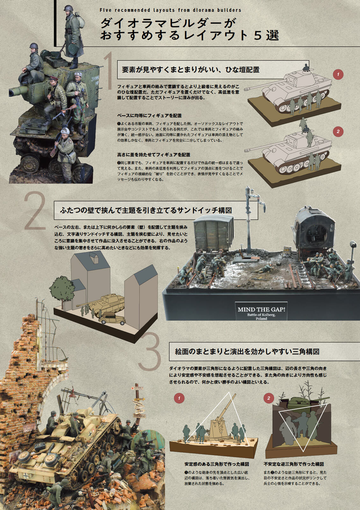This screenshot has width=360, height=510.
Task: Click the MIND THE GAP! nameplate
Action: (x=261, y=311)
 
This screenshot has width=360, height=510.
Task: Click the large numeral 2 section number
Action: (x=35, y=211)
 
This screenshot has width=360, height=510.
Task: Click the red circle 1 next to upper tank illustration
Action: (x=338, y=75)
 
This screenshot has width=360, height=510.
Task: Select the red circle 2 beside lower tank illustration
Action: (x=338, y=131)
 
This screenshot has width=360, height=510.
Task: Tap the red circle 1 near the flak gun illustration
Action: (x=179, y=398)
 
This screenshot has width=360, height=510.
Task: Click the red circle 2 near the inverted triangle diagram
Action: (x=269, y=398)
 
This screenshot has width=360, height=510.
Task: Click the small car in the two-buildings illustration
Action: (x=112, y=318)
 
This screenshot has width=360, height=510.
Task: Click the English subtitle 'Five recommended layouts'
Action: (x=170, y=10)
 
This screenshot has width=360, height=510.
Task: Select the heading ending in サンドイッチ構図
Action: (x=146, y=210)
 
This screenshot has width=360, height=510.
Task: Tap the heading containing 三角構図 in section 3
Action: (x=247, y=352)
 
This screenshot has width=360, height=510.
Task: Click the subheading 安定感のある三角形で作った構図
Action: (x=217, y=464)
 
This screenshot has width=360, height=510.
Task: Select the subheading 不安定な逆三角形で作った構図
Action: (x=293, y=464)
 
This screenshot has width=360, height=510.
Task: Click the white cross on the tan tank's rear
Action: (x=26, y=476)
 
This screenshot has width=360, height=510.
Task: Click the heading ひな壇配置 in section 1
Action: (x=191, y=69)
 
